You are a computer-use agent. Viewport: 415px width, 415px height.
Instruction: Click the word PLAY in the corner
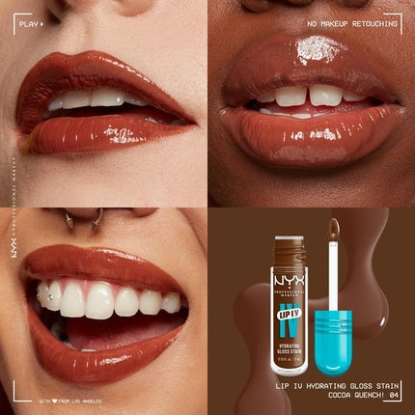tap(30, 18)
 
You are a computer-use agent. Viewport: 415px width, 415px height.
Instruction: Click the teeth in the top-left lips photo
tap(101, 98)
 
